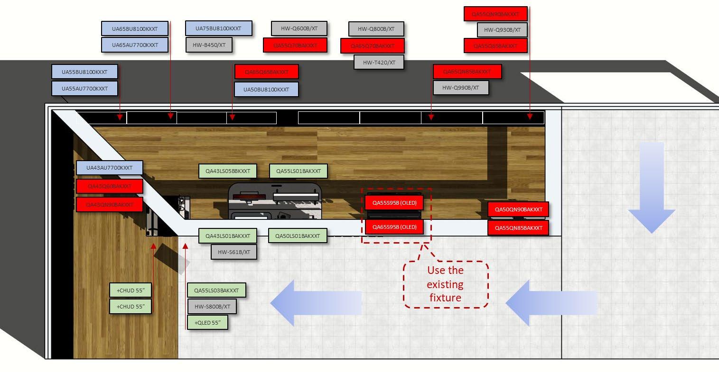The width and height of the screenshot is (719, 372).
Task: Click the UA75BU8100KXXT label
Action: tap(218, 28)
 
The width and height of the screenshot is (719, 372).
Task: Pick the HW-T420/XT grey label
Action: tap(379, 62)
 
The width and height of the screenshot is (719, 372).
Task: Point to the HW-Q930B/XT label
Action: tap(502, 30)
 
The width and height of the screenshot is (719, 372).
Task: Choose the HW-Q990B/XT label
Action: tap(460, 88)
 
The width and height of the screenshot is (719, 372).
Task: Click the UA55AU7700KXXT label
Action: tap(84, 89)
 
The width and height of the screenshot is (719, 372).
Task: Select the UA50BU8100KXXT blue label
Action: tap(266, 90)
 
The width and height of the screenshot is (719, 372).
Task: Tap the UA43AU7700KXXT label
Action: tap(109, 168)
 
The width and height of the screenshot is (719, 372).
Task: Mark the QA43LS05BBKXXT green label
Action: tap(228, 171)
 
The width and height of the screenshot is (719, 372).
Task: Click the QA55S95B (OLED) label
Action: tap(394, 203)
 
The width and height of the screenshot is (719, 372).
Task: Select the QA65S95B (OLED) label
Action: tap(394, 227)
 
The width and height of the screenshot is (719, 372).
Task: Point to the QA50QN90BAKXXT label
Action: tap(518, 209)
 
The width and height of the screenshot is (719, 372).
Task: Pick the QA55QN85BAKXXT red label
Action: tap(518, 228)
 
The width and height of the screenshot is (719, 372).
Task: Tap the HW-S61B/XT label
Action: tap(233, 252)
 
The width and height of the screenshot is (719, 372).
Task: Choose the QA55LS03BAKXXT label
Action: tap(216, 290)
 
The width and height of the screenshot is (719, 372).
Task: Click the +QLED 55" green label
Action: tap(207, 323)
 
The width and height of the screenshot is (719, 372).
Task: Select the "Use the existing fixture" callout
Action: tap(445, 284)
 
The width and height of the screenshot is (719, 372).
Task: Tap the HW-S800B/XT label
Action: tap(212, 307)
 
